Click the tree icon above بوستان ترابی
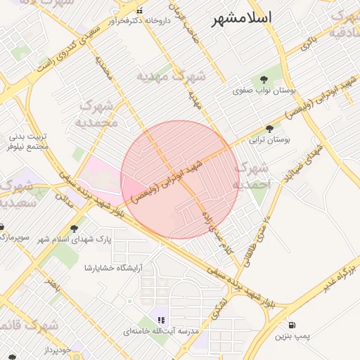pos(269,128)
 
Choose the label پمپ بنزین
pos(292,337)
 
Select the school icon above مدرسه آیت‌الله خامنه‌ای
pos(161,319)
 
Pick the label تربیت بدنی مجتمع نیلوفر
pos(28,141)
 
